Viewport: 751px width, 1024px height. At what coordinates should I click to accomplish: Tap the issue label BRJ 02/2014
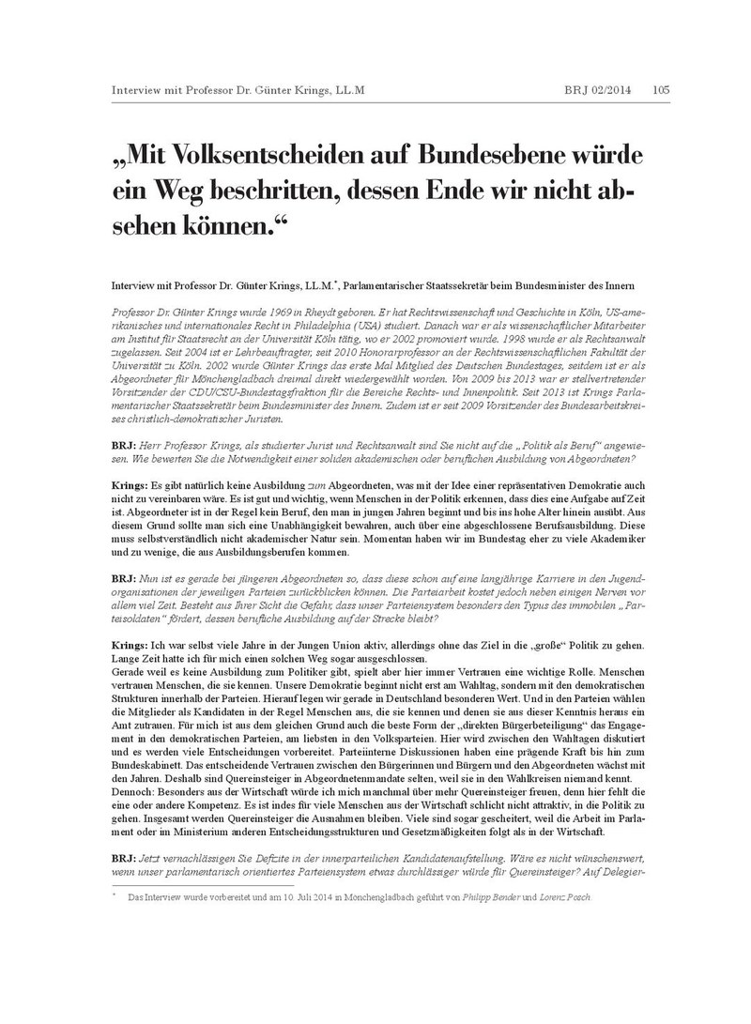click(x=598, y=90)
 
